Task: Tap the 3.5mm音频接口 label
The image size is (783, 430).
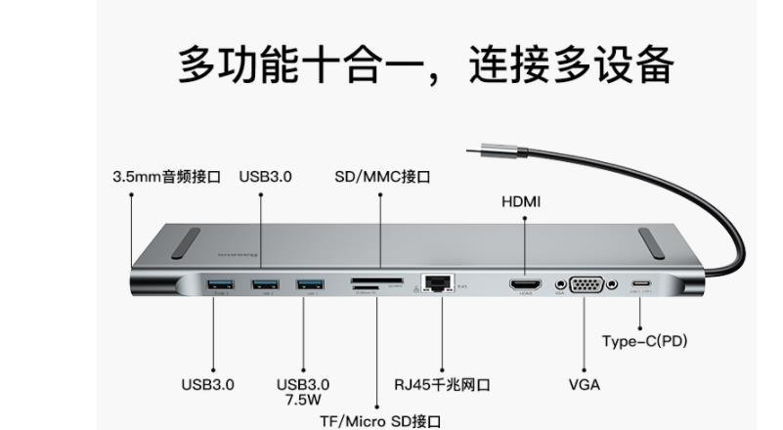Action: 167,177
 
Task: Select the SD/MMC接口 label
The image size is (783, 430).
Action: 382,177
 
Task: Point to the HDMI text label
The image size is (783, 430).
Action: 521,202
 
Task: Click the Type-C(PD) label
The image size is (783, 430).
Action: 644,341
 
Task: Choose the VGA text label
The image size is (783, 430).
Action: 584,384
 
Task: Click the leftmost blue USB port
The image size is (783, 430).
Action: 217,284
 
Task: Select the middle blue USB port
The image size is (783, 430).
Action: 263,284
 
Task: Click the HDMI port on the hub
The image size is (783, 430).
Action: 525,285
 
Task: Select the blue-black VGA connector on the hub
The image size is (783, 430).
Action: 584,284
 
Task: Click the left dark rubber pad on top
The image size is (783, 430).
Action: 185,243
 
